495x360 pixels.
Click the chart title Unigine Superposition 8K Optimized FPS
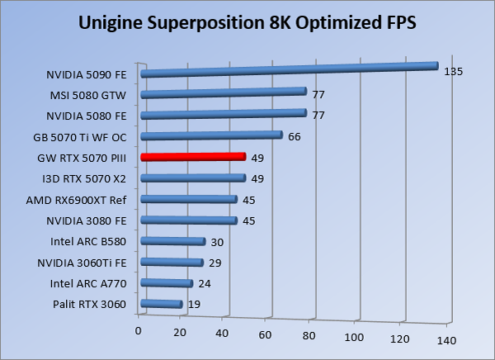click(x=247, y=22)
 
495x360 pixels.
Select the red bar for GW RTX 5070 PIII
click(x=194, y=156)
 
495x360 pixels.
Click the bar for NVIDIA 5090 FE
click(x=289, y=69)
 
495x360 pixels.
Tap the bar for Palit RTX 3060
click(x=162, y=304)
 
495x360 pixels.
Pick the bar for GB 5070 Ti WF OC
click(x=212, y=135)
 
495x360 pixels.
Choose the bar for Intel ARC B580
click(x=173, y=241)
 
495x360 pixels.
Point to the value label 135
click(x=453, y=72)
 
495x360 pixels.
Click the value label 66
click(x=294, y=136)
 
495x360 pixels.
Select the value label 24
click(x=204, y=285)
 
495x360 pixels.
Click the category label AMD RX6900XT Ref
click(x=86, y=200)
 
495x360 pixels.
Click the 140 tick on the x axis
click(x=446, y=340)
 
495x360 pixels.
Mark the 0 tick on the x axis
click(x=139, y=331)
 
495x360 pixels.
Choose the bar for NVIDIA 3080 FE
click(x=189, y=220)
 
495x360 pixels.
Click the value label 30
click(x=216, y=243)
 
